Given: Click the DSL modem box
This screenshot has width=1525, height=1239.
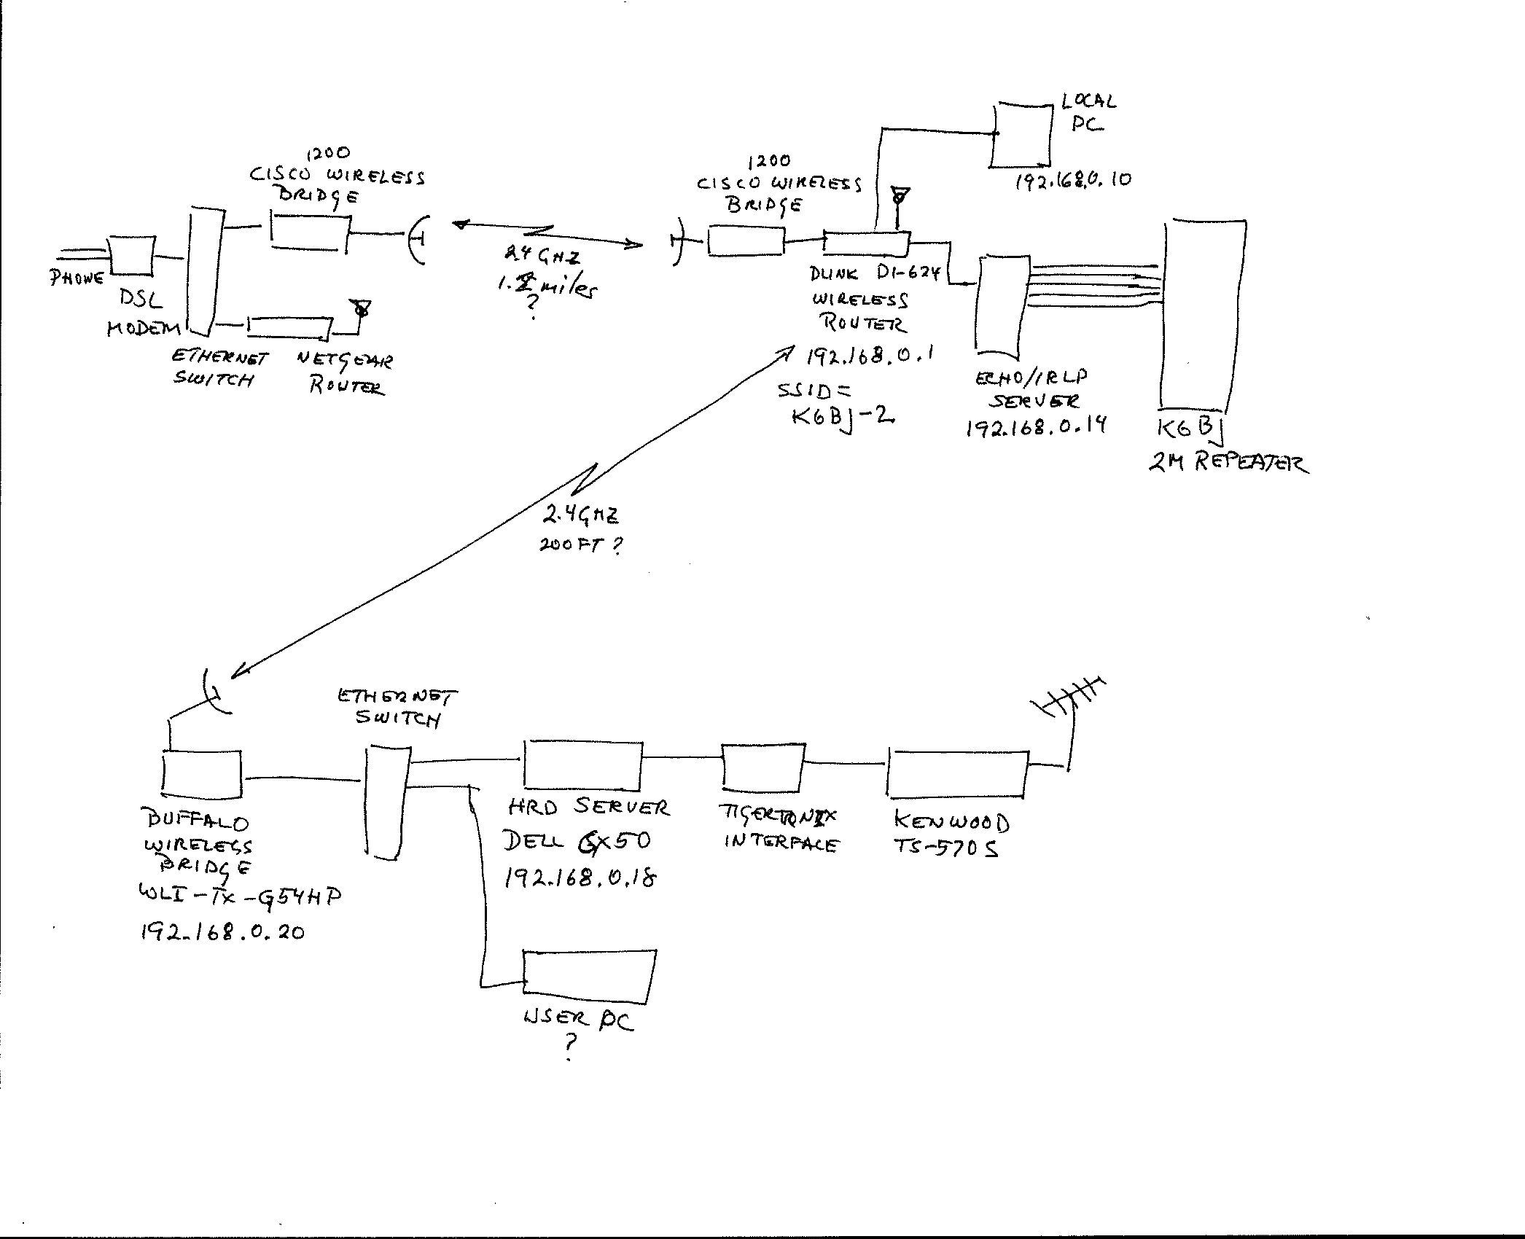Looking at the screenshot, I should click(131, 256).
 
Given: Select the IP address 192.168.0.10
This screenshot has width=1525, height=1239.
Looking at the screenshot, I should click(1073, 180).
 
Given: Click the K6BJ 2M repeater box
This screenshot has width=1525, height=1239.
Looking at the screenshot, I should click(1203, 313).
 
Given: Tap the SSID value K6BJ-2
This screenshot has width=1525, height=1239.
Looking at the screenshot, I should click(843, 417).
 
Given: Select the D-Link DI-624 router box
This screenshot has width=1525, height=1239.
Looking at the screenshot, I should click(867, 242).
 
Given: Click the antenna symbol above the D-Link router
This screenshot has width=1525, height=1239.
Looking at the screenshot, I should click(901, 198).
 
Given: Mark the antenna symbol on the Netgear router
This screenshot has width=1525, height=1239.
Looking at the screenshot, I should click(359, 308).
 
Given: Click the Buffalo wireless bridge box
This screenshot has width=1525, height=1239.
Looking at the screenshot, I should click(202, 774).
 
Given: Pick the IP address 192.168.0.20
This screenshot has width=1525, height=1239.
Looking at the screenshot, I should click(223, 931).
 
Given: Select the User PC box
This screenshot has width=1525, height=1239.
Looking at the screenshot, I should click(588, 977).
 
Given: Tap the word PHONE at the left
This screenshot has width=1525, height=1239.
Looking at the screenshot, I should click(77, 278).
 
